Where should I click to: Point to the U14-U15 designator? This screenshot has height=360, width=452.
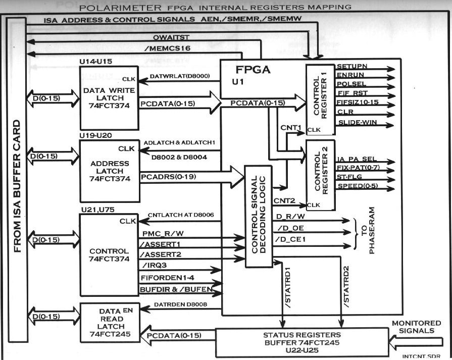[x=96, y=62]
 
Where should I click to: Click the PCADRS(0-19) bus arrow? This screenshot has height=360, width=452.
[x=192, y=177]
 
